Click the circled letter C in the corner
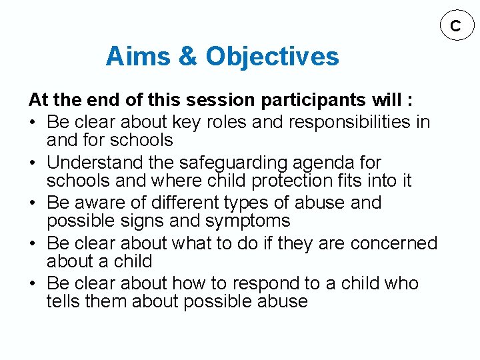tap(455, 26)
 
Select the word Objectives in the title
tap(272, 57)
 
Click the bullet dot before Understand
tap(33, 163)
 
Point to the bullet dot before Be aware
tap(33, 203)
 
